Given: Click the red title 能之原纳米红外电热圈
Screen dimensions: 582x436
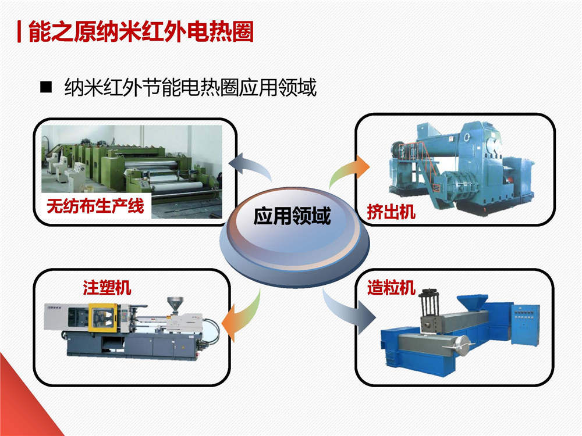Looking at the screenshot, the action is [x=141, y=32].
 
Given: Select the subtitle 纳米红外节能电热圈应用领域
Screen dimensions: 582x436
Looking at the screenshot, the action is [x=190, y=88].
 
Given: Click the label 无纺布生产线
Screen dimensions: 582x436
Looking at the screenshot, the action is [x=95, y=206].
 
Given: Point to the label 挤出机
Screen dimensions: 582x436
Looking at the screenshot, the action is [x=391, y=212].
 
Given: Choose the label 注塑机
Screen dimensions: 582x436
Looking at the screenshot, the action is [x=107, y=288].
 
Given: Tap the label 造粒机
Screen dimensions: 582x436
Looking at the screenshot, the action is [x=391, y=288].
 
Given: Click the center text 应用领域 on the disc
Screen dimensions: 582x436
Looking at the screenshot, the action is [x=292, y=216].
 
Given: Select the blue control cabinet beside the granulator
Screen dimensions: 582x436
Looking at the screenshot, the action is [x=525, y=325].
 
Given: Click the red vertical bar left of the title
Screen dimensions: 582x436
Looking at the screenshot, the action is [x=19, y=32].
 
